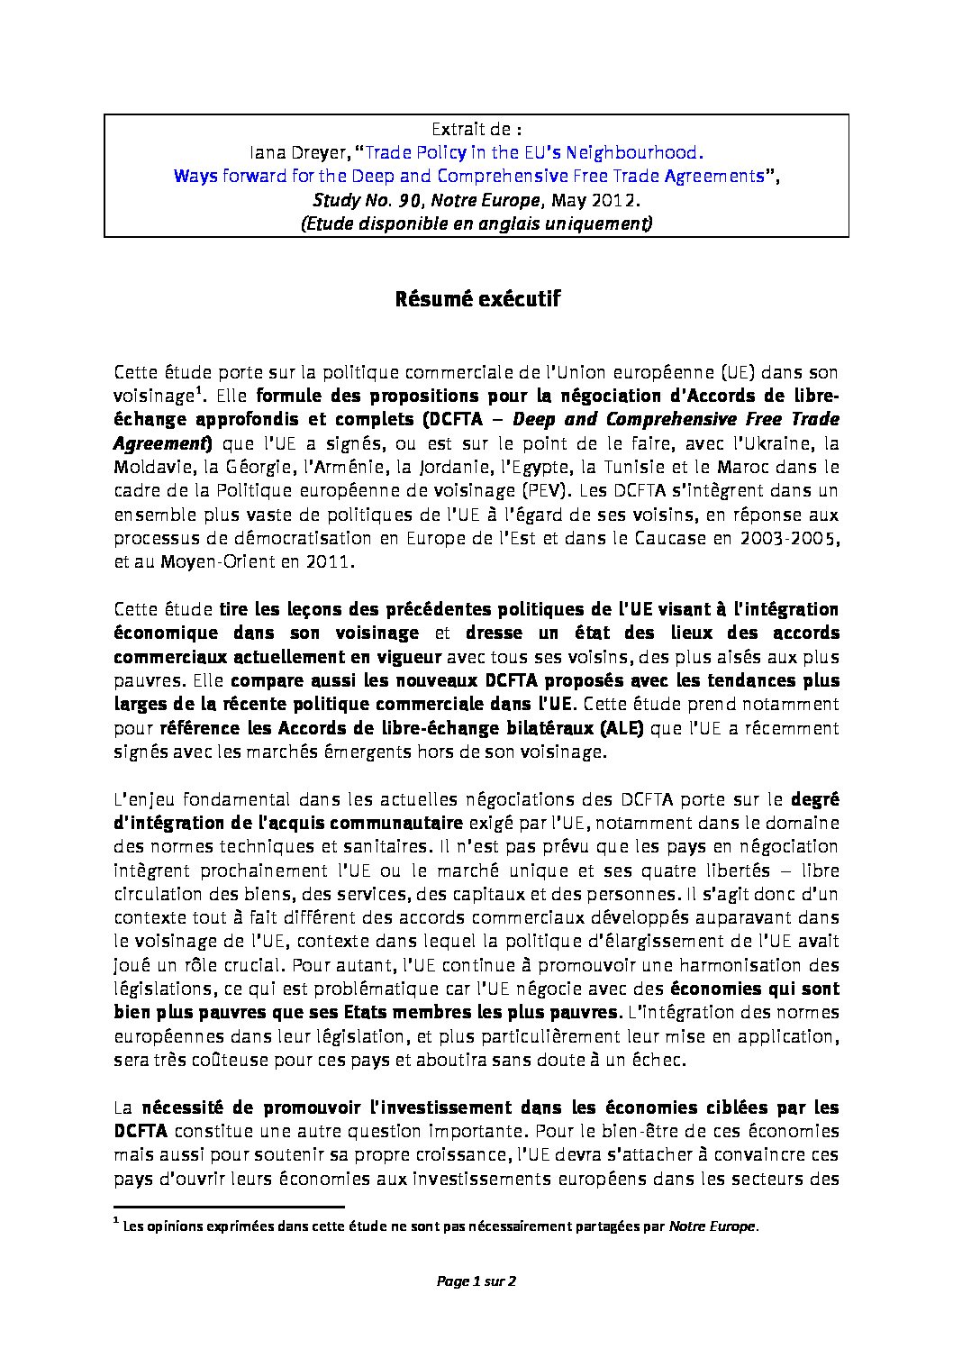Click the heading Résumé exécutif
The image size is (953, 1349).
476,299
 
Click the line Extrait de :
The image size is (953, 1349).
476,130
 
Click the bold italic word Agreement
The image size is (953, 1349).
160,442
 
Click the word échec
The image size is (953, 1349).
662,1059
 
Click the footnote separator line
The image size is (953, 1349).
230,1206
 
